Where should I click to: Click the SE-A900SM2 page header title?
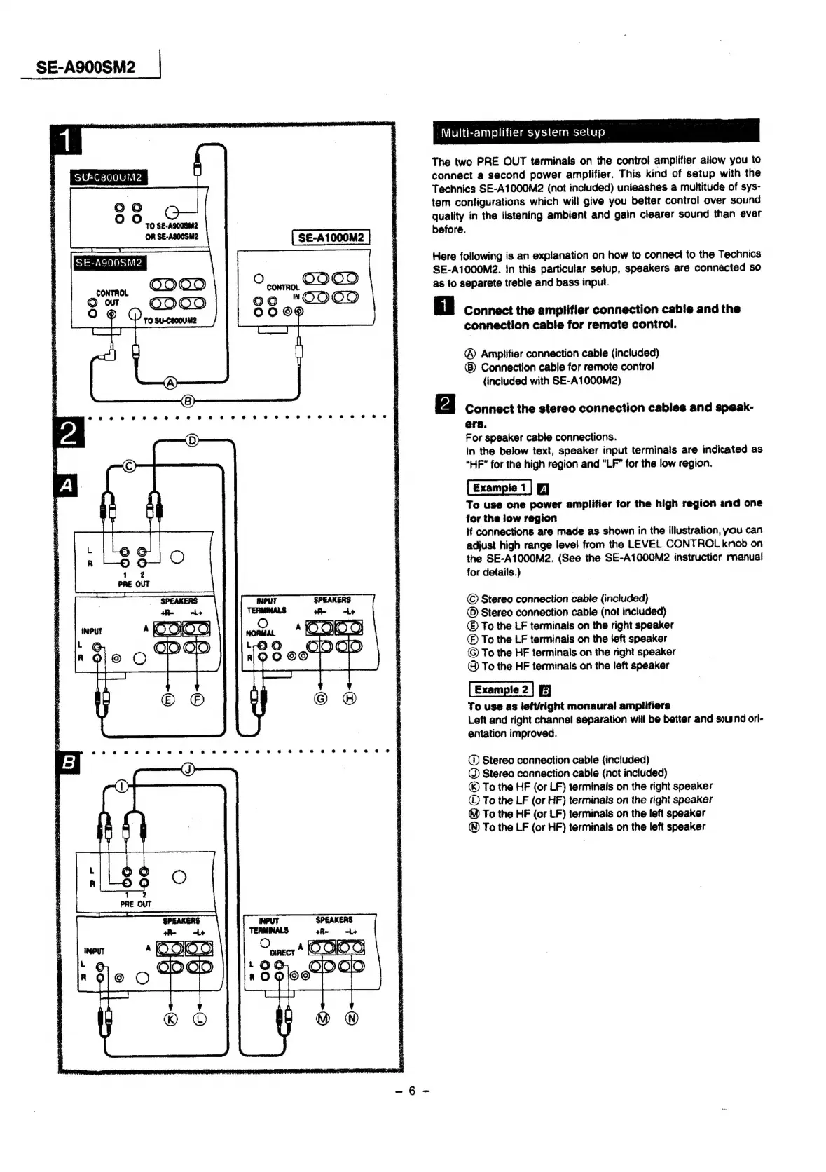click(85, 67)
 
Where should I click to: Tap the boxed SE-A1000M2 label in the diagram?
click(331, 238)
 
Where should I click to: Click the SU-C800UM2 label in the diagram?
click(109, 177)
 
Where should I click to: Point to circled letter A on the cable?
click(170, 383)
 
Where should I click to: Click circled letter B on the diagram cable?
click(188, 401)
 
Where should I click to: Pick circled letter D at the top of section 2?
click(193, 440)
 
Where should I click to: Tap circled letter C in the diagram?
click(129, 466)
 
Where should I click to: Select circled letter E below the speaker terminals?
click(168, 698)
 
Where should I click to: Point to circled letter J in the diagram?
click(188, 769)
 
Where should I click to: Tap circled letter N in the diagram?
click(352, 1018)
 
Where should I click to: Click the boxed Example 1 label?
click(499, 488)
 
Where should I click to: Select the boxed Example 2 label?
click(500, 690)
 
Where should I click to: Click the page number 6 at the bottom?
click(412, 1091)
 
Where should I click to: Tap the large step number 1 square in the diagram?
click(66, 140)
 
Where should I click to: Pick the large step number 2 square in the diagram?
click(69, 432)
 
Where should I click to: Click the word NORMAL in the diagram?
click(261, 634)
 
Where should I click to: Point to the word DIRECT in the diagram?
click(282, 953)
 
